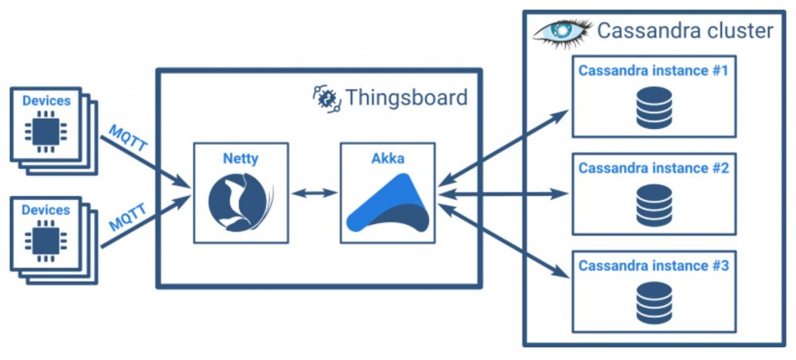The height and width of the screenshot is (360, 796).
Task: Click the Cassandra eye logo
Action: (562, 32)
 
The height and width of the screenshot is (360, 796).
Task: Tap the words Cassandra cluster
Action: (685, 31)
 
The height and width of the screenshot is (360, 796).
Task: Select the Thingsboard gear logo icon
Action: (325, 98)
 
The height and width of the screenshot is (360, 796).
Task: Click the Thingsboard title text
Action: (406, 98)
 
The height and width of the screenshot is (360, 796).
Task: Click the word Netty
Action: (240, 159)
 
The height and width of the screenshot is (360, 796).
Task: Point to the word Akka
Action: (388, 158)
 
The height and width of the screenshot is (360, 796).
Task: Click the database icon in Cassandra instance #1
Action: (654, 108)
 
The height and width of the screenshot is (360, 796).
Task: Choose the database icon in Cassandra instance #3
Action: (654, 302)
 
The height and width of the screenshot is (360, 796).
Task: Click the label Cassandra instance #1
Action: (654, 71)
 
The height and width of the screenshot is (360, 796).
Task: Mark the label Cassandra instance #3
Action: (654, 265)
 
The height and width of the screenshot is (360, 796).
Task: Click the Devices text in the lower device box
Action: (46, 209)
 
